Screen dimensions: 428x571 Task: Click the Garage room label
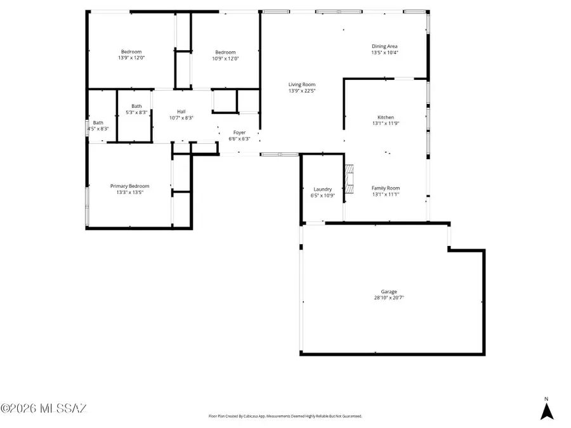click(x=389, y=292)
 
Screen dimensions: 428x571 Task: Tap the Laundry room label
click(x=322, y=189)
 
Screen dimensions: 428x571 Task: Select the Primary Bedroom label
click(x=129, y=186)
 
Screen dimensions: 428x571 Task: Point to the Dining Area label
click(x=384, y=46)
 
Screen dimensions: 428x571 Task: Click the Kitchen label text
click(x=386, y=117)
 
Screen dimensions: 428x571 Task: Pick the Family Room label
click(x=386, y=188)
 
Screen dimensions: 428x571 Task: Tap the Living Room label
click(x=302, y=84)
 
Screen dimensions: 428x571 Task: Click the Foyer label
click(x=239, y=133)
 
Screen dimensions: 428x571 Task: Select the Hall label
click(x=181, y=112)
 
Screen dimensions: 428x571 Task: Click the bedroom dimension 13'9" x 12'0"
click(x=131, y=58)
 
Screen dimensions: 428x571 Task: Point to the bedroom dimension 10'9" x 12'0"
click(x=225, y=58)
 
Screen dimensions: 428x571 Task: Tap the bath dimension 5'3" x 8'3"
click(x=136, y=112)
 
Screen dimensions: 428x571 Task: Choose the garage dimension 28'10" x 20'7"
click(x=389, y=297)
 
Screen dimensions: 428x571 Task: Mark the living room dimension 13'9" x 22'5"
click(x=302, y=91)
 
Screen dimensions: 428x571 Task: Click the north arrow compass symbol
click(x=546, y=412)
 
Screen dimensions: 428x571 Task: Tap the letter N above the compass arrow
click(x=546, y=399)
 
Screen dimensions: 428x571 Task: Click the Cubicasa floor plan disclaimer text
click(x=285, y=417)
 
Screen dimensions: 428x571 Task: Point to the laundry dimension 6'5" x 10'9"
click(x=322, y=195)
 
